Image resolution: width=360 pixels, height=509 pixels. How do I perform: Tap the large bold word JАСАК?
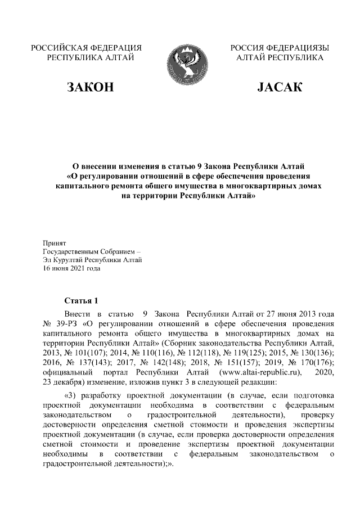[x=280, y=87]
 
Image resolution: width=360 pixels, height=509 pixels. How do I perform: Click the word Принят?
[x=55, y=242]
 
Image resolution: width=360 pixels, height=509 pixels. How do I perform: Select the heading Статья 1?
[x=82, y=300]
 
